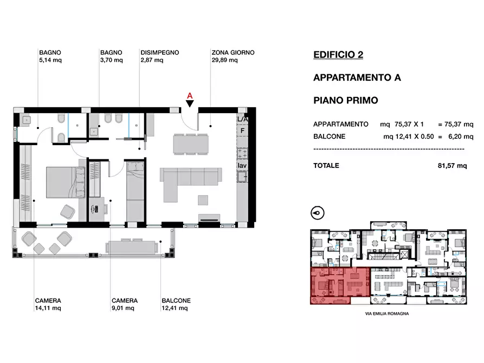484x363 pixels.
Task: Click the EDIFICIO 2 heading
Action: [x=338, y=55]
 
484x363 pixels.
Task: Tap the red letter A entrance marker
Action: [x=190, y=96]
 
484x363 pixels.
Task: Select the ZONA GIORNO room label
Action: [x=233, y=53]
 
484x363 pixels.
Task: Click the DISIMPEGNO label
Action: [x=159, y=53]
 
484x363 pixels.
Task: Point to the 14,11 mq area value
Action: [x=48, y=308]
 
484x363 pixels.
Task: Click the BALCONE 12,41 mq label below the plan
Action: [x=176, y=304]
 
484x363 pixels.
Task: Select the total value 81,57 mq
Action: [x=452, y=166]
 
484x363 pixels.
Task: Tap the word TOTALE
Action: [x=326, y=165]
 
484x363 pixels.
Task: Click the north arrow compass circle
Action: [x=317, y=213]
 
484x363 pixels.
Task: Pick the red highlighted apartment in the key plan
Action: [x=339, y=286]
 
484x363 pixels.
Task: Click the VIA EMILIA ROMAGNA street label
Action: [x=387, y=314]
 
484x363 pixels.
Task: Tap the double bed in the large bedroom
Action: [x=66, y=183]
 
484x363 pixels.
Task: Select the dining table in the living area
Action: [x=191, y=144]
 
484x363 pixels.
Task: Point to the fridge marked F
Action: [x=242, y=131]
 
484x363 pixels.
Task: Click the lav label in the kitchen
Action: [x=242, y=166]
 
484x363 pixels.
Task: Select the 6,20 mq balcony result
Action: [x=461, y=137]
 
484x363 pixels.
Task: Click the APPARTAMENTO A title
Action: [x=357, y=77]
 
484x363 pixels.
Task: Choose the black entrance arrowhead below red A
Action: [x=190, y=103]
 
